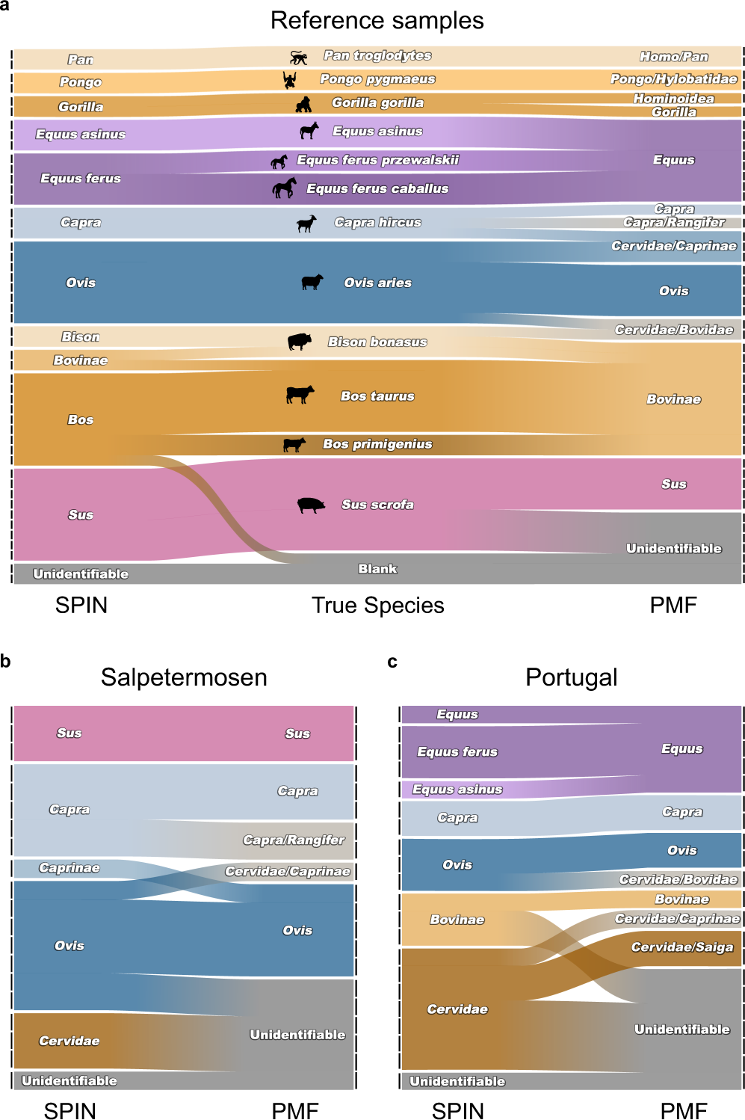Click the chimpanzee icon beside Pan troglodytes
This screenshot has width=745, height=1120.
pos(299,58)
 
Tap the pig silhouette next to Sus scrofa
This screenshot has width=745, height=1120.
pos(311,505)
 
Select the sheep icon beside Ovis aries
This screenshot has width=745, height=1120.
pos(312,282)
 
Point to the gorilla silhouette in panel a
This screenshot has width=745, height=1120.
pos(303,104)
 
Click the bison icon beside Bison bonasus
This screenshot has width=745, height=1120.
pos(300,342)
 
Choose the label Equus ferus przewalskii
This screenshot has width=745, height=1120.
pos(377,160)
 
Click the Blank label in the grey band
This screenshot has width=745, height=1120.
pos(377,569)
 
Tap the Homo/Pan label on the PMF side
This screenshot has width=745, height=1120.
pos(673,57)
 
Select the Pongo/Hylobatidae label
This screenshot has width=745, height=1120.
pos(673,79)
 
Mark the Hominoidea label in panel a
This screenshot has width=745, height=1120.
pos(673,99)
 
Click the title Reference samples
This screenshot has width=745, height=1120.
pos(377,20)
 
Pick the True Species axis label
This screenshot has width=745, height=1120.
pos(377,605)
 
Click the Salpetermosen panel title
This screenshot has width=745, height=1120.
pos(184,677)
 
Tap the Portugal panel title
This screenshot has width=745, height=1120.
pos(571,677)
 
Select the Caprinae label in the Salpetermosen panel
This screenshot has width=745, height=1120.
pos(69,868)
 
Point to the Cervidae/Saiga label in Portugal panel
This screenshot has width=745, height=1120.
pos(681,947)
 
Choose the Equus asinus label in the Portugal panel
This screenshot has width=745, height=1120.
pos(457,790)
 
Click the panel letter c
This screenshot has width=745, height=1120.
pos(392,662)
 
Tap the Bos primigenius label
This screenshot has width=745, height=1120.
pos(377,444)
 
